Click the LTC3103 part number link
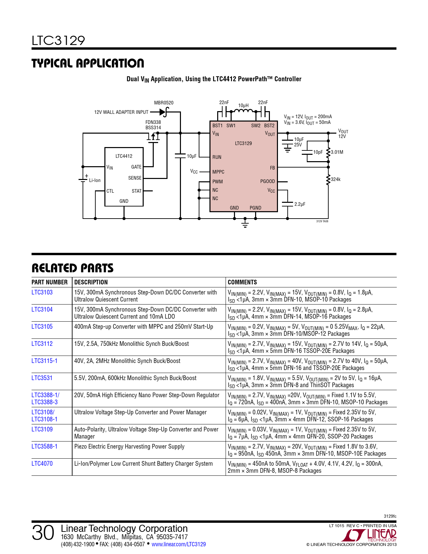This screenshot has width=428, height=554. [42, 292]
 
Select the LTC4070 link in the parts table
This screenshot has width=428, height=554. [42, 464]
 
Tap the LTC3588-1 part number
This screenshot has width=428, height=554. [44, 447]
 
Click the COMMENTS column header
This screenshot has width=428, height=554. [242, 282]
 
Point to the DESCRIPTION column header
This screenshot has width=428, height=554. [91, 282]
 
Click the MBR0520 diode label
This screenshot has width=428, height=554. [163, 103]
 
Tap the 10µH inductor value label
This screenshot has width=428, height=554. [243, 105]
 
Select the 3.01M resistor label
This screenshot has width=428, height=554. [337, 152]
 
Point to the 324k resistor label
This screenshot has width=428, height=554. [336, 179]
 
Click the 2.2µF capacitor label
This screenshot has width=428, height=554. [300, 204]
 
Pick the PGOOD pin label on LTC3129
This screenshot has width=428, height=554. [267, 181]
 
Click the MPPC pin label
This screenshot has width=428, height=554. [218, 172]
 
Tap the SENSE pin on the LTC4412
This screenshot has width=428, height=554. [135, 178]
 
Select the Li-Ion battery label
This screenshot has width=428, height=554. [95, 180]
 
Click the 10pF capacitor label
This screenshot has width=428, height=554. [318, 152]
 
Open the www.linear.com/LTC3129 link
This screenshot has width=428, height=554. [179, 544]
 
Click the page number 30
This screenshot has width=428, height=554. [43, 533]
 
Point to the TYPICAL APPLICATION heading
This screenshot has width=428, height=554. [88, 63]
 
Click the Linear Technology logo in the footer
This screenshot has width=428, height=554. [371, 535]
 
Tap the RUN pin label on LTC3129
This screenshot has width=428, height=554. [217, 157]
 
